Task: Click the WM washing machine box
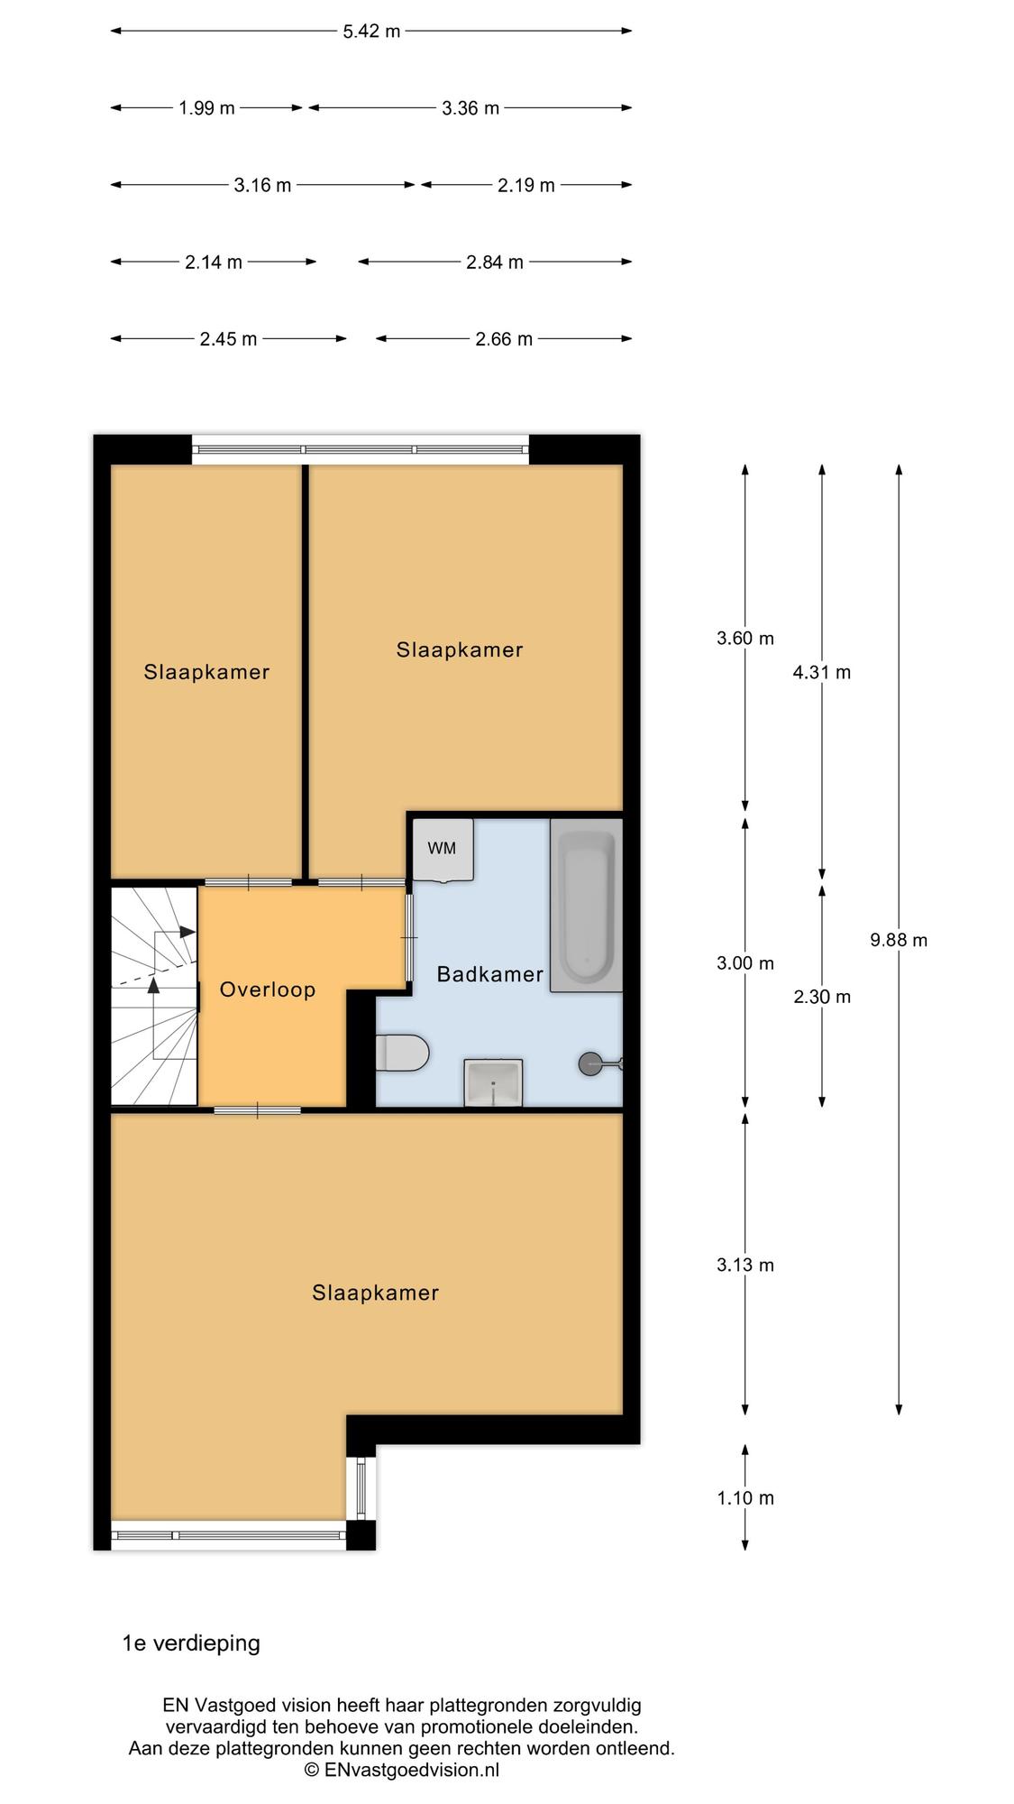point(443,849)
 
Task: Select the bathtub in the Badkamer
point(587,905)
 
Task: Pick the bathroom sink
point(493,1082)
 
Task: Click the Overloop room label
point(268,989)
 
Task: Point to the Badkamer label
point(490,974)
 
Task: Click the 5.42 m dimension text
point(371,32)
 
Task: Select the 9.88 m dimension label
point(899,940)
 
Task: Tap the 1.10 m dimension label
point(745,1498)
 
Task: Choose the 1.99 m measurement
point(206,108)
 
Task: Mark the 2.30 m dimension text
point(822,997)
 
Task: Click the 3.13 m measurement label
point(745,1265)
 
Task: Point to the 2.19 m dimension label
point(526,186)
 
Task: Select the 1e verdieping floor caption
point(191,1643)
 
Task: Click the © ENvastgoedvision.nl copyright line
point(402,1770)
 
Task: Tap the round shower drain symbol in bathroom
point(589,1064)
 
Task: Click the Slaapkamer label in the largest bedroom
point(376,1293)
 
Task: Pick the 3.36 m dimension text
point(470,108)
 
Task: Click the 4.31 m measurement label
point(822,672)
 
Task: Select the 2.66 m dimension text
point(504,339)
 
